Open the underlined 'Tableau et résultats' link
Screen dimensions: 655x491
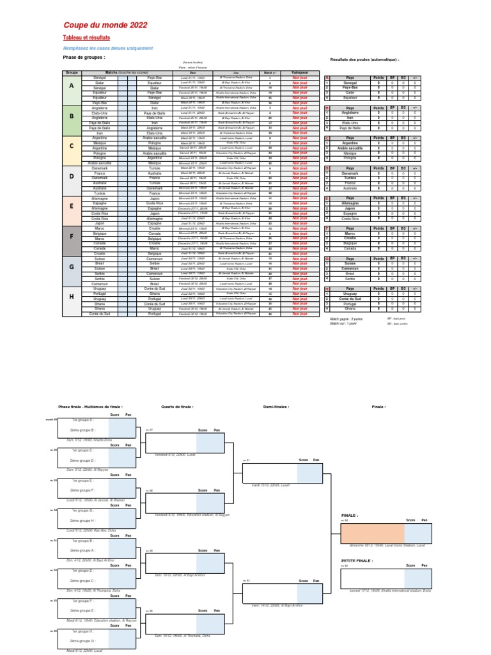82,38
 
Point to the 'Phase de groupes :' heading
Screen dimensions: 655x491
84,57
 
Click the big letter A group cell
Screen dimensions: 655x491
72,86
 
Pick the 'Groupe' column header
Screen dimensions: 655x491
72,73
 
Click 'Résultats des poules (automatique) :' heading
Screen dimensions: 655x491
364,59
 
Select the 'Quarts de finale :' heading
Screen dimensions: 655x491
177,406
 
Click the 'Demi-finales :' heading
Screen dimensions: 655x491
276,406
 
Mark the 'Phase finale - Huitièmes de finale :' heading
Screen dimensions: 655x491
90,406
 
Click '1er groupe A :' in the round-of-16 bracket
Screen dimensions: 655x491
82,420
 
